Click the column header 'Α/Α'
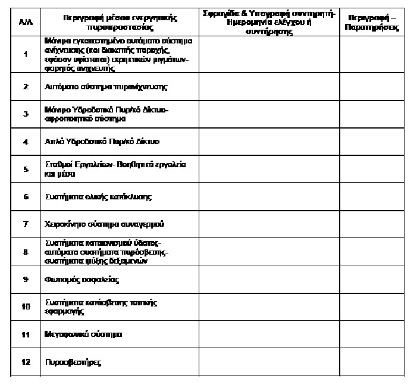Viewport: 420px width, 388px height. point(26,22)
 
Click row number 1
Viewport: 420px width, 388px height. point(26,55)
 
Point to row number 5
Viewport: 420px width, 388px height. point(26,170)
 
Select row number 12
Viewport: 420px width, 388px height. point(26,362)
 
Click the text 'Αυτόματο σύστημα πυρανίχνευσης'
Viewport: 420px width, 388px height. point(106,87)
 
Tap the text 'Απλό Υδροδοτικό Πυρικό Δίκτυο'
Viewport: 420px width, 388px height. point(102,142)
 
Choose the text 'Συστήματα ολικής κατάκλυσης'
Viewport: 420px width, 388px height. point(98,196)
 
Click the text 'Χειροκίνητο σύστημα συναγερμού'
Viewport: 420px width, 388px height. point(105,224)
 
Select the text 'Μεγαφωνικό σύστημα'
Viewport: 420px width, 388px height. point(84,334)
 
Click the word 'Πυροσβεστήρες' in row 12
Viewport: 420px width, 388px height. point(74,362)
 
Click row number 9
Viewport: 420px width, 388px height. point(26,279)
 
